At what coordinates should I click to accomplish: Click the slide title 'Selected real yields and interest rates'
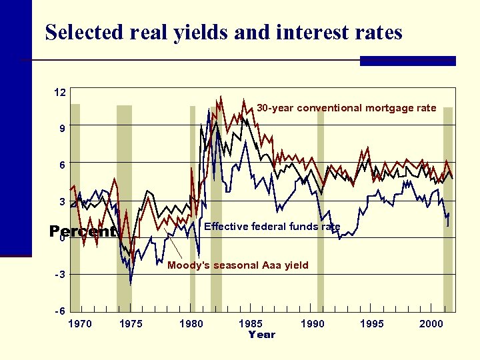click(x=223, y=32)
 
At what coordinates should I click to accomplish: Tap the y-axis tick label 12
click(x=60, y=93)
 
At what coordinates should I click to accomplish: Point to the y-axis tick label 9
click(x=61, y=129)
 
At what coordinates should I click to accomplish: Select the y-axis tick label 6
click(x=61, y=165)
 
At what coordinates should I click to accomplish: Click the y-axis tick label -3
click(x=59, y=275)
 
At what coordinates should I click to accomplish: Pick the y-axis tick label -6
click(x=59, y=311)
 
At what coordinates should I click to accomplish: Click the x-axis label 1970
click(x=81, y=324)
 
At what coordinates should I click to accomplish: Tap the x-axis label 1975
click(x=131, y=324)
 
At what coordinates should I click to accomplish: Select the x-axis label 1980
click(x=191, y=324)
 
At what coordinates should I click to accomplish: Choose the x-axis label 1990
click(x=313, y=324)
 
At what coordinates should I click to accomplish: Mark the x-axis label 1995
click(x=371, y=324)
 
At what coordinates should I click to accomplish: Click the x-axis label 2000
click(x=431, y=324)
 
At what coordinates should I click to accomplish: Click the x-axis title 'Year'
click(x=261, y=335)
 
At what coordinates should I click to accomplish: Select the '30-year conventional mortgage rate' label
click(x=347, y=108)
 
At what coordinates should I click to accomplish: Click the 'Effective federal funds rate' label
click(x=272, y=227)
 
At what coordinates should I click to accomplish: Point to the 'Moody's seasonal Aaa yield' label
click(x=238, y=265)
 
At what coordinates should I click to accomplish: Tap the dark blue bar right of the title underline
click(x=407, y=61)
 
